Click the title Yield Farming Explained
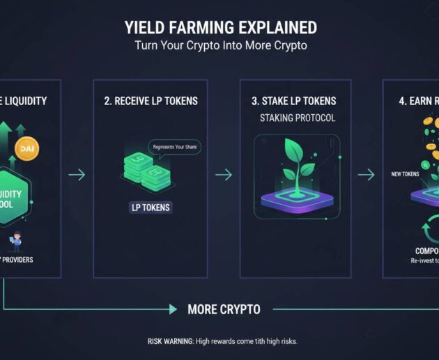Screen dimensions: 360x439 point(220,29)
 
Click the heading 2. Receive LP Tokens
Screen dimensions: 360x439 point(151,101)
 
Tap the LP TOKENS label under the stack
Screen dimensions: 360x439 point(151,208)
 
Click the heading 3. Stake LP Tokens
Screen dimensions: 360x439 point(293,101)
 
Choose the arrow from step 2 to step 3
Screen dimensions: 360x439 point(223,175)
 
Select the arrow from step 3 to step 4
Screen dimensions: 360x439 point(366,175)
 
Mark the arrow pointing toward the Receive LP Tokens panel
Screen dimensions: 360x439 point(77,175)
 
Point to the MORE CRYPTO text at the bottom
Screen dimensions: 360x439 point(224,308)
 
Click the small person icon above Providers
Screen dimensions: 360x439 point(15,242)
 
